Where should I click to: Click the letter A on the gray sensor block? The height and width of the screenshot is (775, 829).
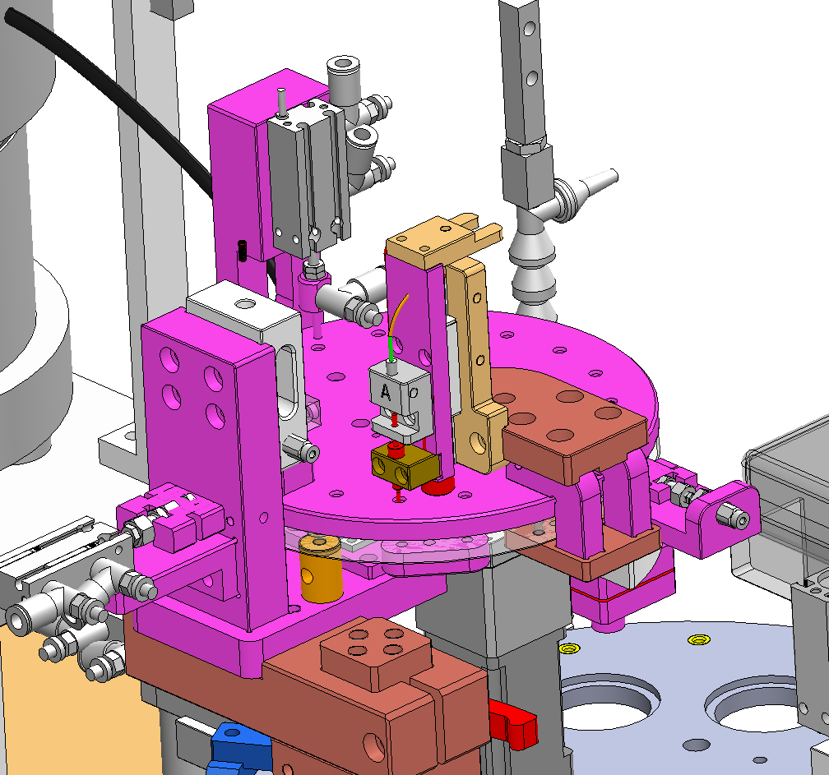pyautogui.click(x=387, y=393)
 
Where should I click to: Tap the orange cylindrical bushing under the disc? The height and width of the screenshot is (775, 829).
pyautogui.click(x=321, y=569)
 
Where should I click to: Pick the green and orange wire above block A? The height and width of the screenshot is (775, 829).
pyautogui.click(x=396, y=328)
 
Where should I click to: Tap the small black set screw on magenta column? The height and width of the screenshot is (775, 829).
pyautogui.click(x=243, y=251)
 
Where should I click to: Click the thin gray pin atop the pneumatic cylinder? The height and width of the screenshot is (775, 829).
pyautogui.click(x=282, y=103)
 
